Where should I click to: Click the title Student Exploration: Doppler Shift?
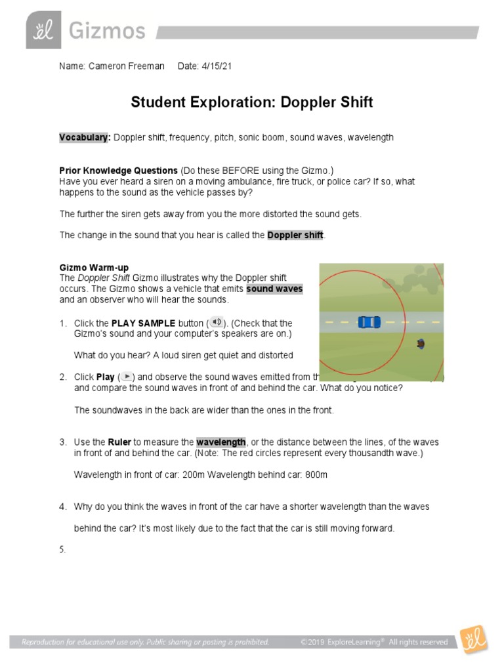pos(251,102)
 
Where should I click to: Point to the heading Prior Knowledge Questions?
pos(118,170)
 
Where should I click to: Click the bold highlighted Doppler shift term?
pos(295,235)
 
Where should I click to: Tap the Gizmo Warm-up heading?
pos(94,267)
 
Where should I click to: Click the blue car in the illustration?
pos(369,322)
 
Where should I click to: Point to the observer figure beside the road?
pos(421,343)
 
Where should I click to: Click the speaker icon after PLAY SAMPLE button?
pos(217,322)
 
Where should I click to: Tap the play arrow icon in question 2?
pos(127,377)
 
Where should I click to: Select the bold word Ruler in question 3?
pos(119,442)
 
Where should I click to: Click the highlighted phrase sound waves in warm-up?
pos(274,289)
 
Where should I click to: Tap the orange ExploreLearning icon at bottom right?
pos(472,640)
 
